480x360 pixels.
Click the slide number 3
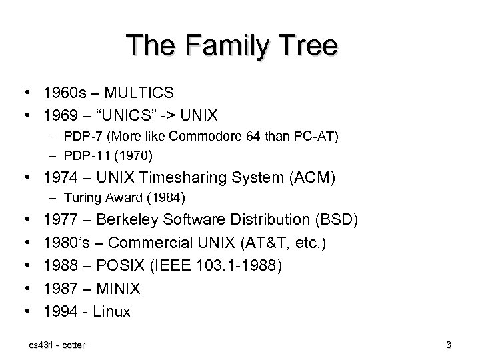pos(449,345)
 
